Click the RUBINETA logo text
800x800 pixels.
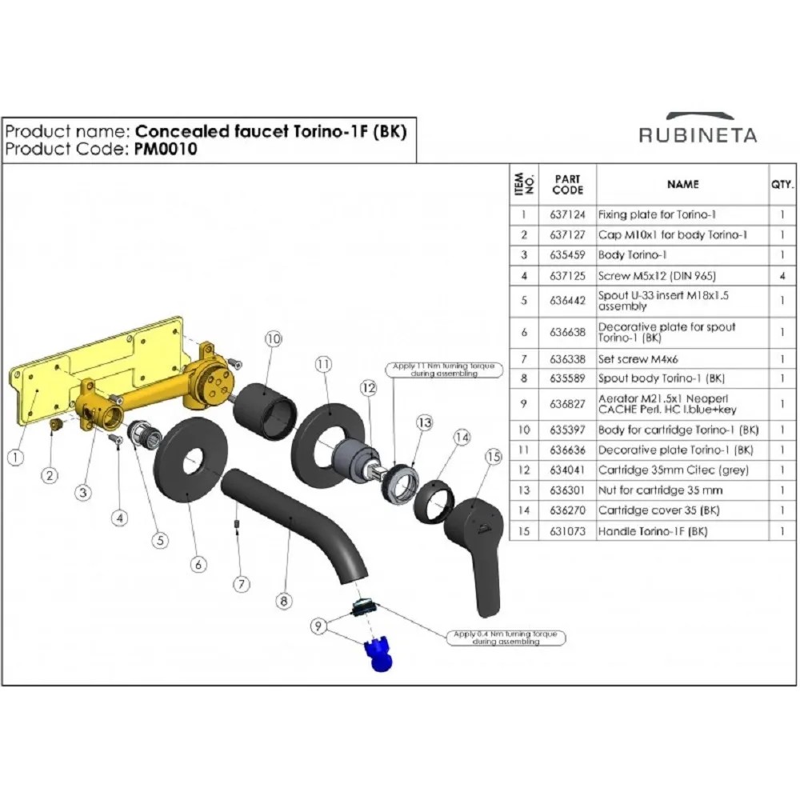click(698, 135)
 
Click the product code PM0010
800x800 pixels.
click(166, 149)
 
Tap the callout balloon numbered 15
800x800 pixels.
click(494, 457)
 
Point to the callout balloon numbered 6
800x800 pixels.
click(198, 564)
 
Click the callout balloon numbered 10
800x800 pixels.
click(274, 338)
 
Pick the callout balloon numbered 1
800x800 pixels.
click(16, 457)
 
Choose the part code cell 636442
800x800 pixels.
click(567, 301)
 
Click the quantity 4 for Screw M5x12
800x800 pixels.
click(782, 276)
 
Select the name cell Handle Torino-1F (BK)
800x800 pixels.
click(653, 531)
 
